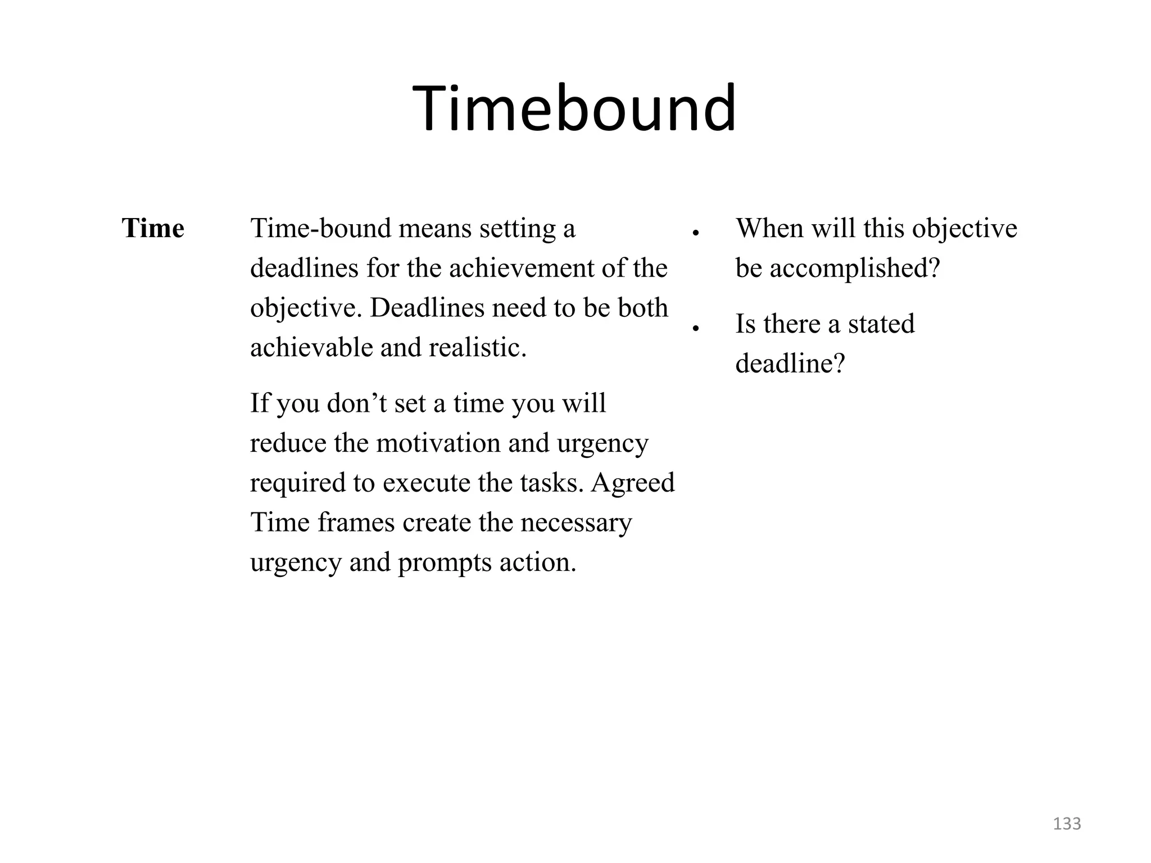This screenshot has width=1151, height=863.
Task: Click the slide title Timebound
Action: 574,108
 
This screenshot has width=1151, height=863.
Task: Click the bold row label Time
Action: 153,229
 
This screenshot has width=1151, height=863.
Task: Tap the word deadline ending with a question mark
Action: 790,364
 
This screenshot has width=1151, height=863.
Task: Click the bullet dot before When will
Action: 695,233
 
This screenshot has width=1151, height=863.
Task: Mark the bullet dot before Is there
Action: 695,328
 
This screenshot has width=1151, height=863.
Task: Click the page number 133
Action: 1067,824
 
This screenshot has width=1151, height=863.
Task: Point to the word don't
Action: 356,403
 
